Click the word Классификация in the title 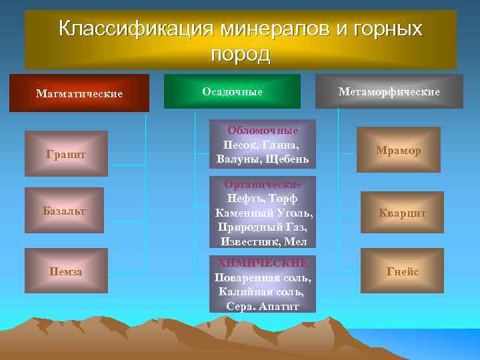pos(136,29)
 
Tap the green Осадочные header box pos(232,91)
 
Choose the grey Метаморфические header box pos(389,91)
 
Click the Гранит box pos(66,154)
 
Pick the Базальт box pos(66,211)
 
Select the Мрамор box pos(398,151)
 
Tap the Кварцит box pos(402,213)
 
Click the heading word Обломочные pos(263,131)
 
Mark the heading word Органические pos(263,184)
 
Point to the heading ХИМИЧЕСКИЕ pos(263,263)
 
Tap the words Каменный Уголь pos(263,213)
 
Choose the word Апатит pos(279,306)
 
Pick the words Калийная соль pos(261,291)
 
